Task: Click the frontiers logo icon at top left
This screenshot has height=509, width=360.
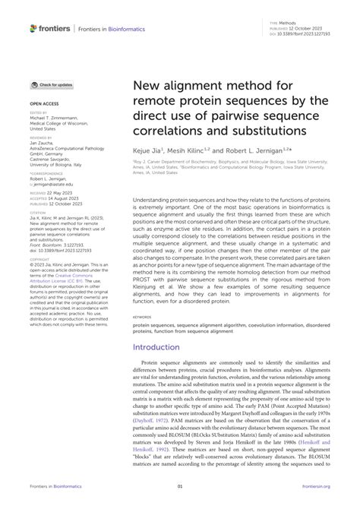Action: point(35,28)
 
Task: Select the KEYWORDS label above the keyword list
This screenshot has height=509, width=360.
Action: point(142,316)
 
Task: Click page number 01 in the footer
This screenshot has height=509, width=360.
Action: point(180,486)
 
